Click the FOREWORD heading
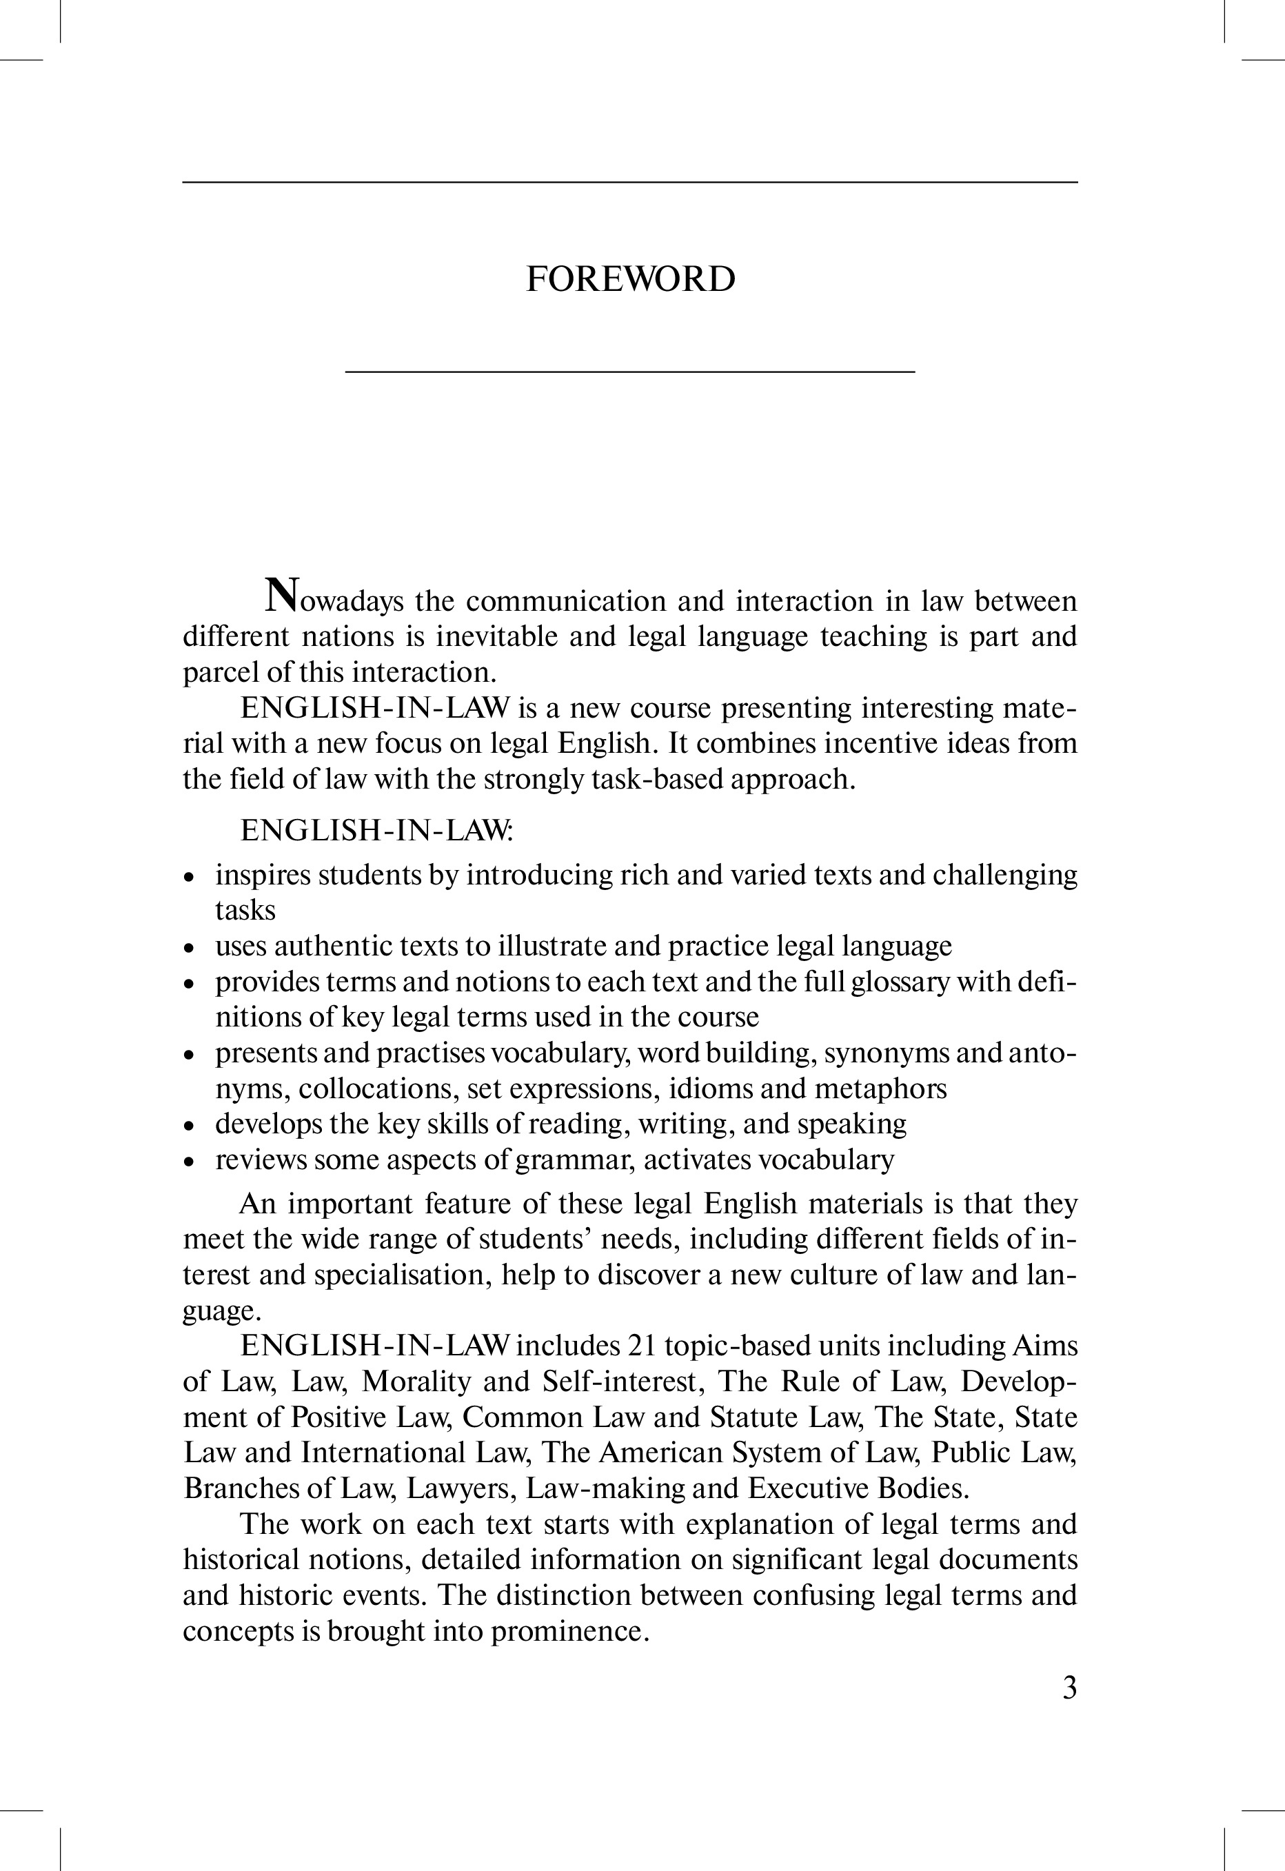(630, 279)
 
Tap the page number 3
(1069, 1688)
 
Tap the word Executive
(809, 1488)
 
